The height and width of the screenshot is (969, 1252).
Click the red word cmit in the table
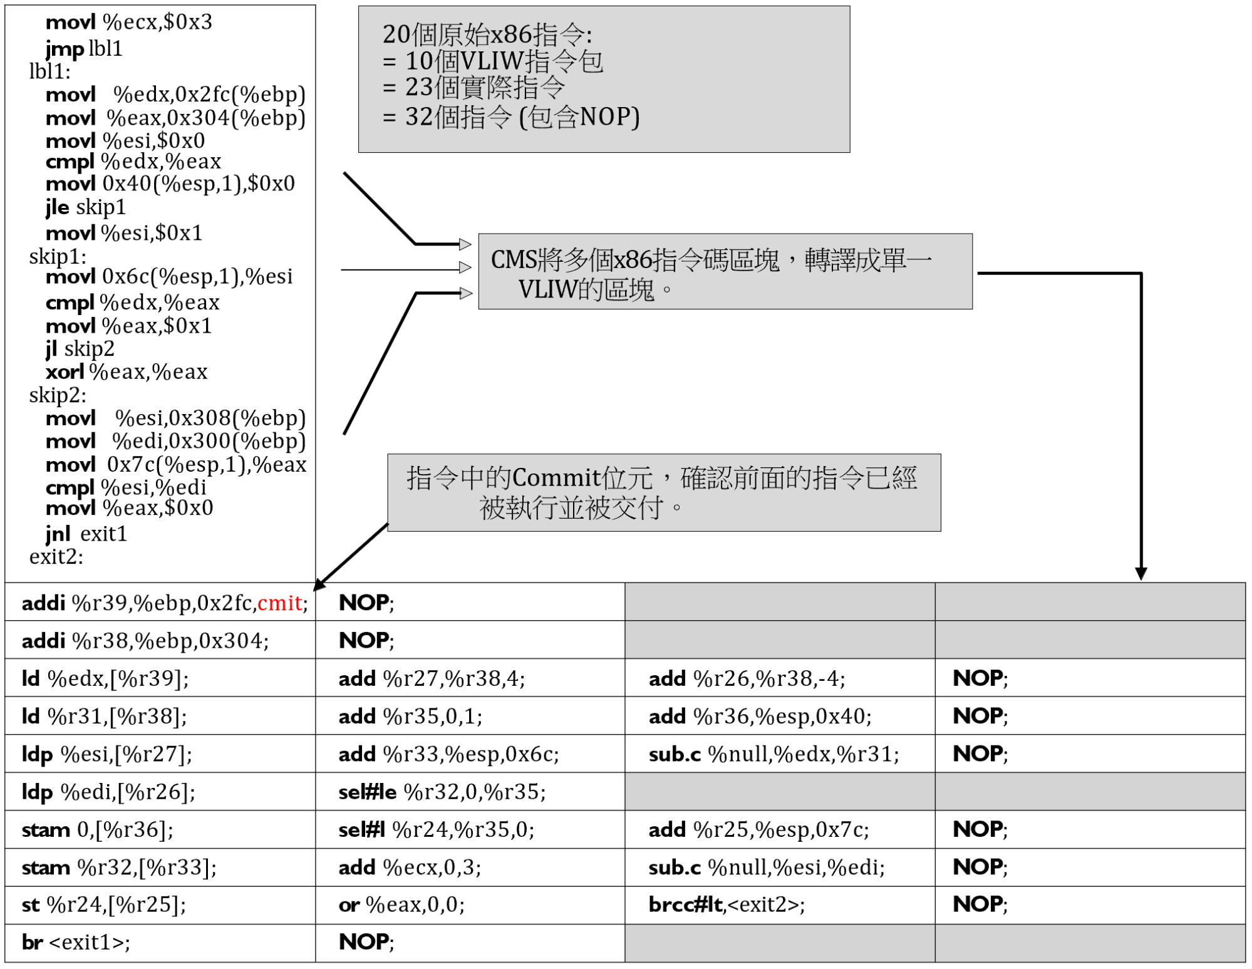280,603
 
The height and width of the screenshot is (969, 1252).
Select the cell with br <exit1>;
160,943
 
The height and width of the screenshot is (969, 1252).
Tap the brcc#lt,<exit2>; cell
780,905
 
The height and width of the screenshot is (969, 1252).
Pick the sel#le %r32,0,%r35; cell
470,792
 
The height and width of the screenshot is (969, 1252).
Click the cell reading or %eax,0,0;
470,905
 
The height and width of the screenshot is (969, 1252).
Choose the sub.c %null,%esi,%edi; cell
780,868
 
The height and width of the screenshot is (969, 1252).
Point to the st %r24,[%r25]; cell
160,905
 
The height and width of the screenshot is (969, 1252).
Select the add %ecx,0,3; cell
470,868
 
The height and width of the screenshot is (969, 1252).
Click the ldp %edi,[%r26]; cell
160,792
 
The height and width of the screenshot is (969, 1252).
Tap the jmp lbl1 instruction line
84,48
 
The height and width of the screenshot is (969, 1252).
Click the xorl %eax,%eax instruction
127,372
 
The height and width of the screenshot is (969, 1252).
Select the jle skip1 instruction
86,207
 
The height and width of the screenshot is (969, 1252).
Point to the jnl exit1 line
86,534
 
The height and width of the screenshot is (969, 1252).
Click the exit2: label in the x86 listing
56,557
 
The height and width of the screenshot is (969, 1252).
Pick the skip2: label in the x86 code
58,395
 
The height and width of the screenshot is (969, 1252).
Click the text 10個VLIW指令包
504,61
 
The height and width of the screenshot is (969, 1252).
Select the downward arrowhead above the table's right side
1141,574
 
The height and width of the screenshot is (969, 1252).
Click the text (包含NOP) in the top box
579,117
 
